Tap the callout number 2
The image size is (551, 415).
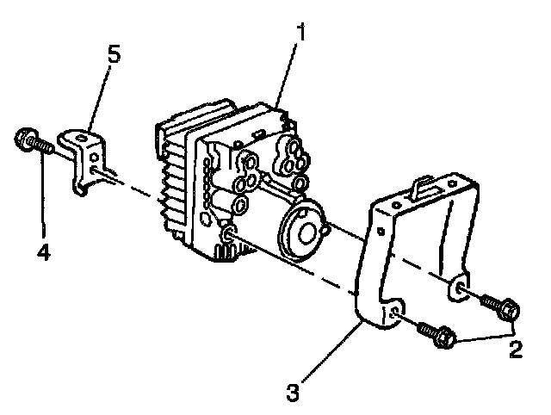pyautogui.click(x=514, y=350)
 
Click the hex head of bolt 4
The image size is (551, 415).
pyautogui.click(x=25, y=139)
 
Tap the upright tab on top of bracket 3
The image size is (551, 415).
pyautogui.click(x=422, y=183)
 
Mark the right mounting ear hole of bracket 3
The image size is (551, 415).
pyautogui.click(x=459, y=289)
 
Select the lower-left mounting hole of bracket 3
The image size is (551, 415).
pyautogui.click(x=392, y=315)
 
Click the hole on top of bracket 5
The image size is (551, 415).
pyautogui.click(x=80, y=135)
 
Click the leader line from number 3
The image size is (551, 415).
pyautogui.click(x=328, y=356)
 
